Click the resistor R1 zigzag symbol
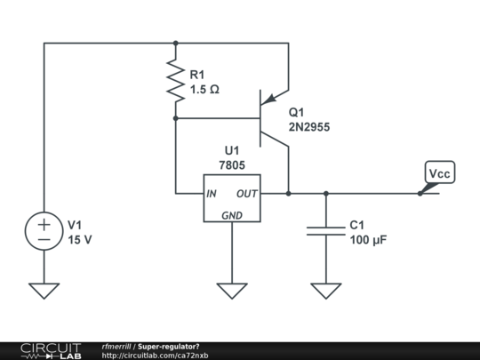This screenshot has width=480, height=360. pos(176,80)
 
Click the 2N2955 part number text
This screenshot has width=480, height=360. pos(309,127)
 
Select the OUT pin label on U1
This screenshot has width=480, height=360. pos(247,193)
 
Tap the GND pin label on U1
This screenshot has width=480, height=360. pos(232,214)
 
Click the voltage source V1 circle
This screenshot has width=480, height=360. pos(44,232)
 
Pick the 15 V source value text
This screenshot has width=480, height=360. pos(81,240)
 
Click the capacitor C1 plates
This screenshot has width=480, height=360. pos(325,231)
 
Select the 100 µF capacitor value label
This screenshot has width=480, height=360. pos(368,240)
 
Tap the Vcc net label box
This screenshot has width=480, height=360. pos(439,172)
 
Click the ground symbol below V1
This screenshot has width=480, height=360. pos(44,290)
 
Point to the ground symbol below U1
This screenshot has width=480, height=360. pos(232,290)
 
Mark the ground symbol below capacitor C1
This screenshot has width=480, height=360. pos(325,290)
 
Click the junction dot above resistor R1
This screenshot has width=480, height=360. pos(176,42)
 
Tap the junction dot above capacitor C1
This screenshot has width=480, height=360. pos(325,193)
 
